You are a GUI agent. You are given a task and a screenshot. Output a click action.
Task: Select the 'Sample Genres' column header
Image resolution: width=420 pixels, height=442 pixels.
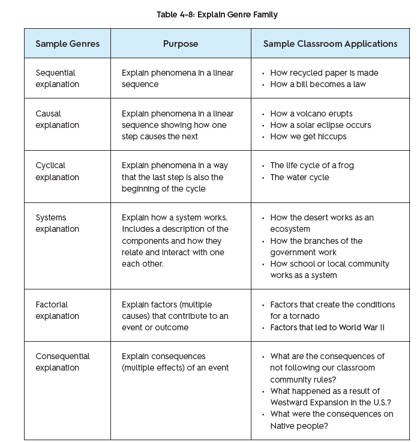[67, 44]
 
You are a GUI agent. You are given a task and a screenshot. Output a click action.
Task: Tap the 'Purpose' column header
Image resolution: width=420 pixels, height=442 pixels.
[181, 44]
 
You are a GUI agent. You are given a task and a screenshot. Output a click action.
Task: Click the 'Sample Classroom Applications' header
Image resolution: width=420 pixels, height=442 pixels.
[330, 44]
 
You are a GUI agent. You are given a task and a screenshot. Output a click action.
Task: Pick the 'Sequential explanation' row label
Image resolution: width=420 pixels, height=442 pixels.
[57, 79]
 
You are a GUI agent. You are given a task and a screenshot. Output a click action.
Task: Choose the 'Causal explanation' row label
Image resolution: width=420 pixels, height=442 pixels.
[57, 120]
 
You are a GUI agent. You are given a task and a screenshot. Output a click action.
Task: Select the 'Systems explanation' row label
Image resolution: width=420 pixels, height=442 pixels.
[57, 223]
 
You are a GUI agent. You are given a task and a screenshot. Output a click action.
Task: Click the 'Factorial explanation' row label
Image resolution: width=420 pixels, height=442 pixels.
[57, 310]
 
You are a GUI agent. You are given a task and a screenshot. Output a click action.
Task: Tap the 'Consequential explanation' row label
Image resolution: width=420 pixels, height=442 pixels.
[62, 362]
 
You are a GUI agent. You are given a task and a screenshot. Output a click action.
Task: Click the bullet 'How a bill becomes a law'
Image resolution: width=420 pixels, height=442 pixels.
[317, 85]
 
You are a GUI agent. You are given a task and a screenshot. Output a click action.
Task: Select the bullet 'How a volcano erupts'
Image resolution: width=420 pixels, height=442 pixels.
[311, 114]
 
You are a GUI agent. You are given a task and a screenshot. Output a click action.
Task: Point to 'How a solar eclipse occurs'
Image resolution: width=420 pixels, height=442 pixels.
[320, 125]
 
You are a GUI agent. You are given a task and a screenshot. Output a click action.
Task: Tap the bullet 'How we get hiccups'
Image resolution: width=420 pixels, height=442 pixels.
[308, 136]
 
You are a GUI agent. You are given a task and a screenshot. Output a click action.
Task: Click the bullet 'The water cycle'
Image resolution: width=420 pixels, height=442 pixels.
[299, 177]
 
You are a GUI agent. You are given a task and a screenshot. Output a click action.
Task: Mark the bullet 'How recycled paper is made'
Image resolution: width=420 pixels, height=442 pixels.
[324, 73]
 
